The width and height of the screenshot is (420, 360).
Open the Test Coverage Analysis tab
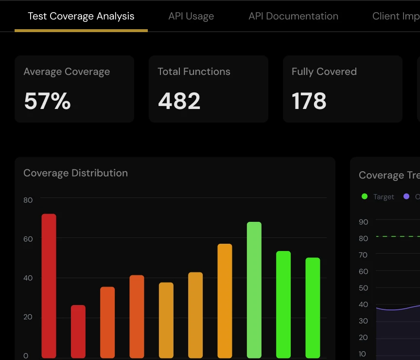[x=81, y=16]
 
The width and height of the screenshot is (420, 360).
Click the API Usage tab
[x=191, y=16]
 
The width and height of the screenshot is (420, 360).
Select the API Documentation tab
[x=293, y=16]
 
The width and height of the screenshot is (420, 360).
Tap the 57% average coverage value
[x=47, y=101]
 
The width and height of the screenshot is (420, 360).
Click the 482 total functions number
[x=179, y=101]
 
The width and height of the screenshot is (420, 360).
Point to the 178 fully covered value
[x=309, y=101]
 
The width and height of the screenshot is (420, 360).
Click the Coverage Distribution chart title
[x=75, y=173]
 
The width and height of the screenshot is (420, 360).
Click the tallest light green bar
[x=254, y=290]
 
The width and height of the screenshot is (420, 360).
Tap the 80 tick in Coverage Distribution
[x=28, y=200]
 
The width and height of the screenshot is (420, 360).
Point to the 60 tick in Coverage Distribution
[x=28, y=239]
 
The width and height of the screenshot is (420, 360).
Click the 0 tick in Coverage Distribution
[x=26, y=356]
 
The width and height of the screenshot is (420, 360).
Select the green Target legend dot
[x=365, y=197]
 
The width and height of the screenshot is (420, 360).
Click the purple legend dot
[x=406, y=197]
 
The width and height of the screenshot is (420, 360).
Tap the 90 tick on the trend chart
[x=363, y=222]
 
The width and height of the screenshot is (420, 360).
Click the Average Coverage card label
[x=67, y=72]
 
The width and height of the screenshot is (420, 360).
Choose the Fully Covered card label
[x=324, y=72]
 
